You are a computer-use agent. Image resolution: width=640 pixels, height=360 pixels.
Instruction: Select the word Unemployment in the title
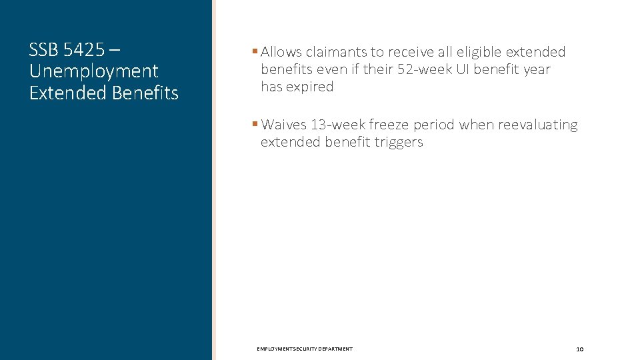[93, 71]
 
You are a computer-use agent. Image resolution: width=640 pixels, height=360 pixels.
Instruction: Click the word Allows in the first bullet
[281, 52]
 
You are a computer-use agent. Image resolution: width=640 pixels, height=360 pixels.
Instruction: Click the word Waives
[284, 125]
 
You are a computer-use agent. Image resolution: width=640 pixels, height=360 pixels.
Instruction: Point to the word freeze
[389, 125]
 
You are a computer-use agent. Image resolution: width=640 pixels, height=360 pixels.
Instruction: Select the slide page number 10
[579, 349]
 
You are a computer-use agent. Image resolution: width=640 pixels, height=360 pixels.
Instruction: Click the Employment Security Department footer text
[305, 349]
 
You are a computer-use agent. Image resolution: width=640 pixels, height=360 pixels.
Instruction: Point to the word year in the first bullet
[537, 69]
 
